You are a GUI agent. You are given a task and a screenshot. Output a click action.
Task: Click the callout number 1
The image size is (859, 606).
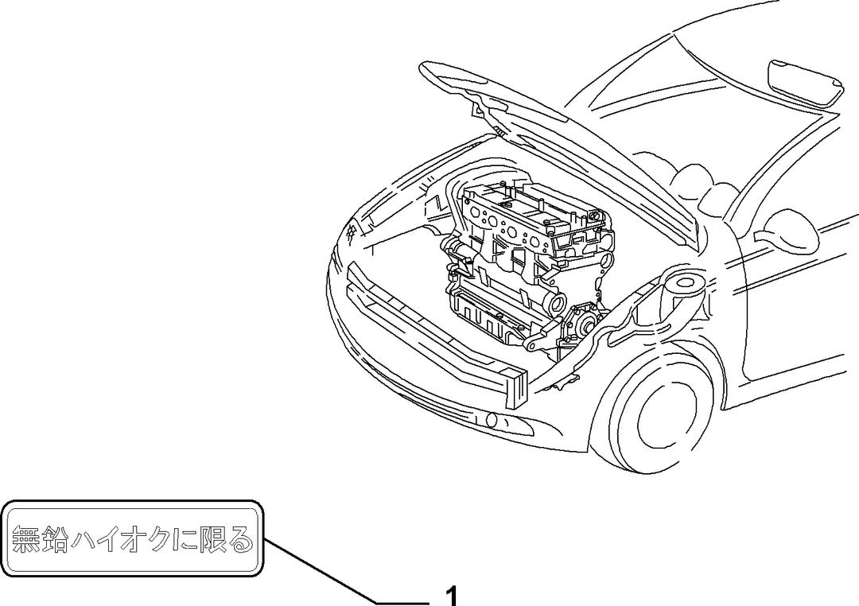[452, 596]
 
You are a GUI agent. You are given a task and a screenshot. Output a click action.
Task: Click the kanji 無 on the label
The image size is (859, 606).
[25, 538]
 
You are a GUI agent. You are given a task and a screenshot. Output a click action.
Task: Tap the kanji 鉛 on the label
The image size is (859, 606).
[55, 538]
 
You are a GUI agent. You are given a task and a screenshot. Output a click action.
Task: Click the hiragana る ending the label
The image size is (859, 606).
[240, 539]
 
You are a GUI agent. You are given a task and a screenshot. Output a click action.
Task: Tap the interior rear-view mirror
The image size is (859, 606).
[805, 83]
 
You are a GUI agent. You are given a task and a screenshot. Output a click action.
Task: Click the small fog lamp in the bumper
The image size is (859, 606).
[492, 420]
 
